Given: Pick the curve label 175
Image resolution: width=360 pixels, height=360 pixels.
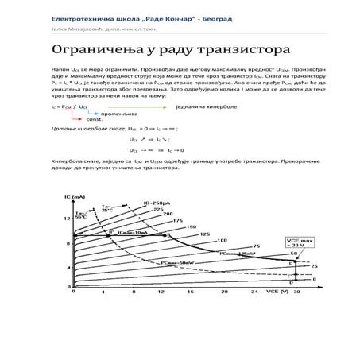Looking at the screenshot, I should [x=177, y=220].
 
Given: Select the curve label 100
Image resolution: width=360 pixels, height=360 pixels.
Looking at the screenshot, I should [x=222, y=239].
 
